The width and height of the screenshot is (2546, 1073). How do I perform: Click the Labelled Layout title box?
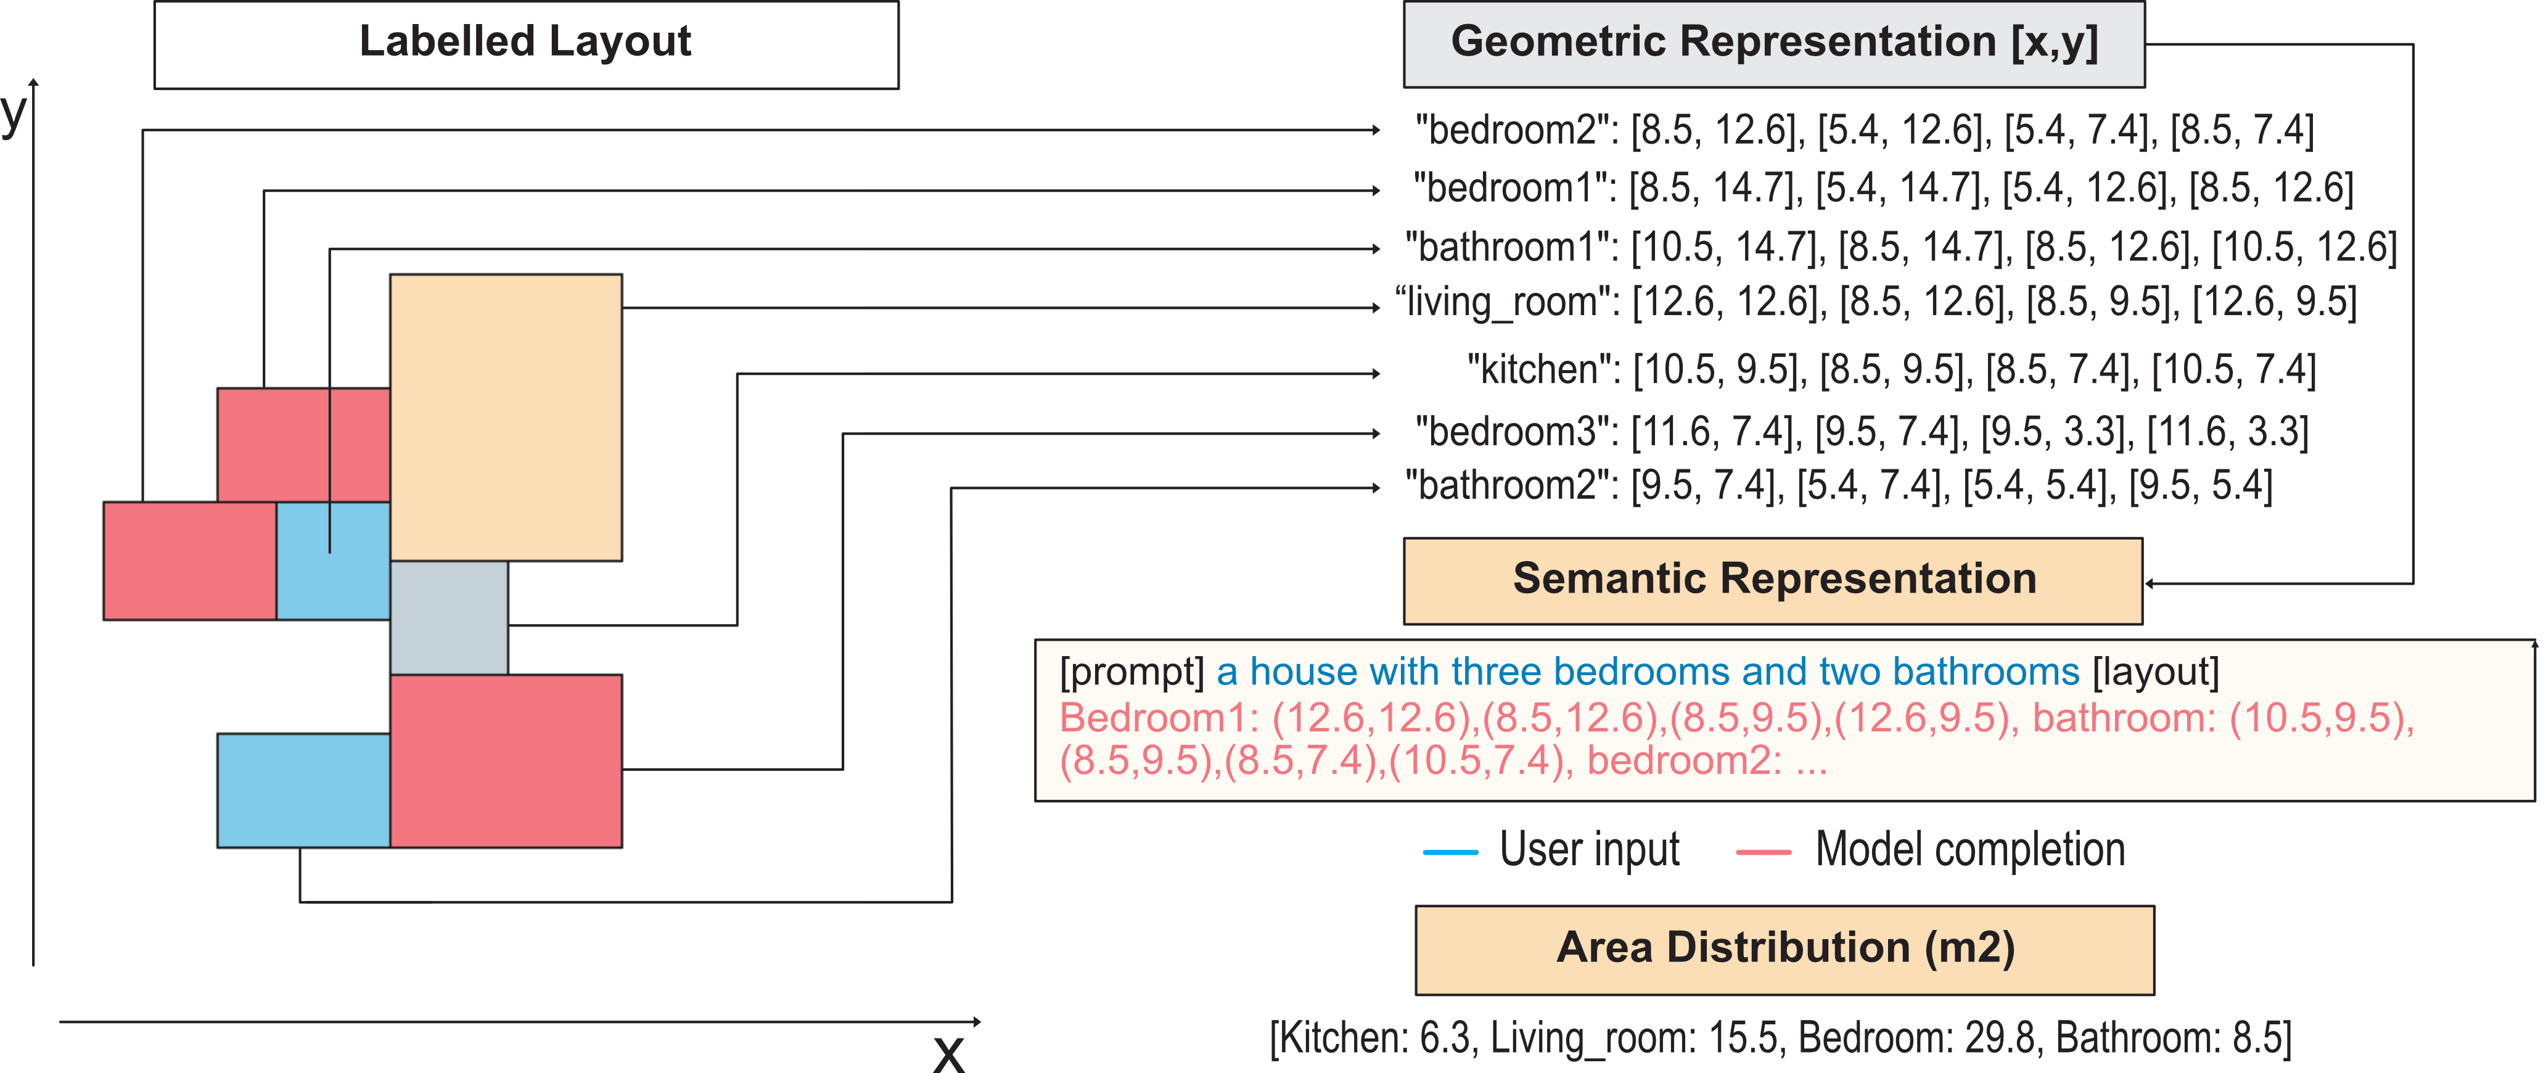click(526, 44)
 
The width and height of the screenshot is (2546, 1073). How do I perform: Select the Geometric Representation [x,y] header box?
click(1773, 44)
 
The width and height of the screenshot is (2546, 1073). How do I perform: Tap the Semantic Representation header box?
click(1773, 581)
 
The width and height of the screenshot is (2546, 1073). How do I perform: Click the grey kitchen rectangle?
click(449, 617)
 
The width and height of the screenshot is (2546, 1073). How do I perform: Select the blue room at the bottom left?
click(303, 791)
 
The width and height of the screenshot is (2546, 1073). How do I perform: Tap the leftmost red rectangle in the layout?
click(189, 560)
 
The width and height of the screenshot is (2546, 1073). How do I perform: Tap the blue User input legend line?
click(1450, 852)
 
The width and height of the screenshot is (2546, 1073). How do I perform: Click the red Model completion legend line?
click(1764, 852)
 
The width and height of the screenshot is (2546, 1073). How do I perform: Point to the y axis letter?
click(14, 113)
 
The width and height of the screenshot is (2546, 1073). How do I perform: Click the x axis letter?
click(949, 1053)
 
